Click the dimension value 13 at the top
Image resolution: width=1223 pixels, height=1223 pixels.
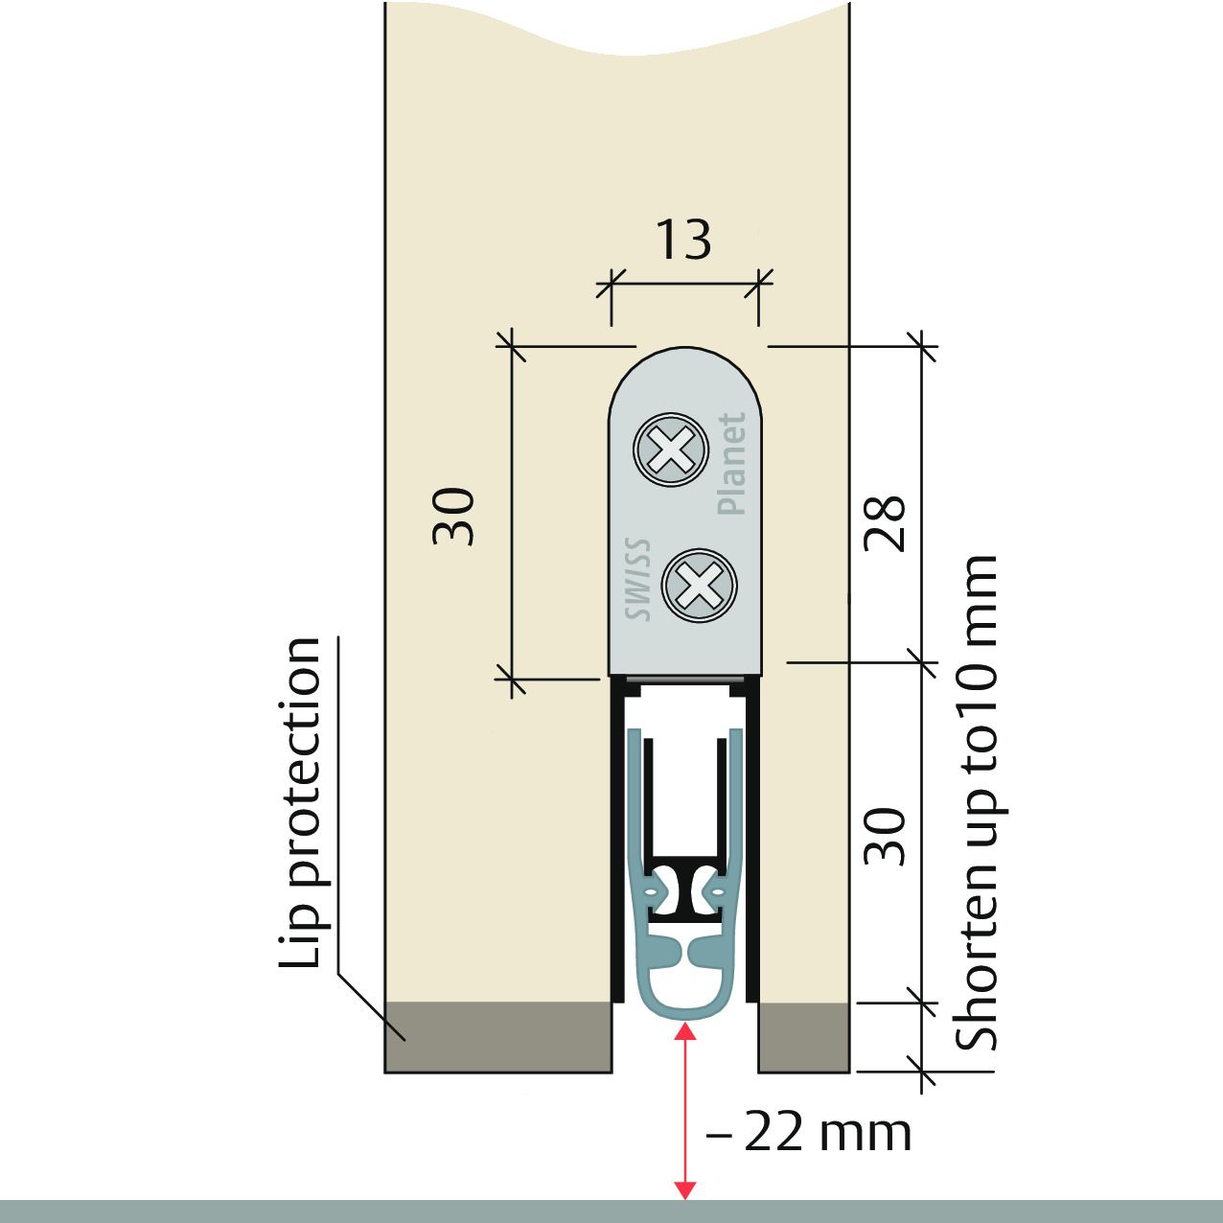[682, 240]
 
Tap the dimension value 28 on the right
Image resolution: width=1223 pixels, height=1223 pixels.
[885, 523]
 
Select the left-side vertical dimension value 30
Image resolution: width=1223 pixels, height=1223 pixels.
[453, 517]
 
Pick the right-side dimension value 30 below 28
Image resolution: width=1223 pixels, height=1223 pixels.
[885, 837]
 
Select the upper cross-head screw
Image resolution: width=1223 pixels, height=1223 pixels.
[670, 450]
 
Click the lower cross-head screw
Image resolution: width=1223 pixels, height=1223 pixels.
[699, 586]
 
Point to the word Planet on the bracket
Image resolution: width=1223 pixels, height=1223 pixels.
[731, 463]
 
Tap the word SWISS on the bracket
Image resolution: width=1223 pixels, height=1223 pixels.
[637, 579]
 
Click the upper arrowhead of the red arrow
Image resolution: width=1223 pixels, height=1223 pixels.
[684, 1032]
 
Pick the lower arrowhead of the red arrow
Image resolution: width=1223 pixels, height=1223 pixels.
[684, 1190]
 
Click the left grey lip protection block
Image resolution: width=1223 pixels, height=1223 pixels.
[498, 1038]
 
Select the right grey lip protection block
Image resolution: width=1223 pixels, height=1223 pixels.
[803, 1038]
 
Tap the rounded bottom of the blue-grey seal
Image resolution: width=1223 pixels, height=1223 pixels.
[685, 1015]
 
